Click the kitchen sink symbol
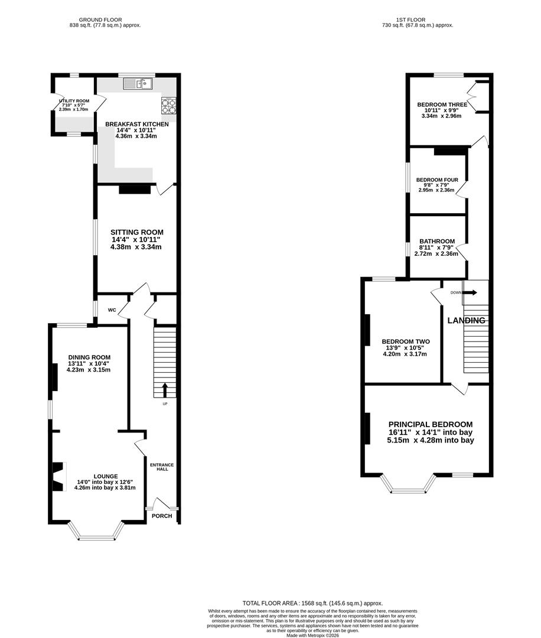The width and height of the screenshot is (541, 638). (138, 83)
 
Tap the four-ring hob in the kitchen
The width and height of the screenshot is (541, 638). (169, 106)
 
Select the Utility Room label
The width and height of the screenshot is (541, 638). (74, 101)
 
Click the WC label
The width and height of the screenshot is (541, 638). (112, 310)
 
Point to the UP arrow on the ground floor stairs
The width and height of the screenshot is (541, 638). (165, 390)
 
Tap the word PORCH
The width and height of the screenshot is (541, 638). (162, 516)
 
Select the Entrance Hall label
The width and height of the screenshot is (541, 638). (162, 467)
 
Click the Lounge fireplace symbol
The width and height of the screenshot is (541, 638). (58, 477)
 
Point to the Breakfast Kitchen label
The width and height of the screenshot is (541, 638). (136, 124)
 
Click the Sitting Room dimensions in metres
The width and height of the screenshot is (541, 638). (136, 247)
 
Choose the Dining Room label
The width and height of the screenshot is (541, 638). (89, 357)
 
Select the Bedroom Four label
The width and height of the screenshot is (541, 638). (437, 180)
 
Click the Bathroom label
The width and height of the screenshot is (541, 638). (437, 241)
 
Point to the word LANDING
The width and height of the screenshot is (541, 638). (466, 321)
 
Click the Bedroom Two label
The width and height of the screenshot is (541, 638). (406, 342)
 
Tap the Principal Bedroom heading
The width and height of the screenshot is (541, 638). (431, 424)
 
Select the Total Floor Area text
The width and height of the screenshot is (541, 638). (312, 603)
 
